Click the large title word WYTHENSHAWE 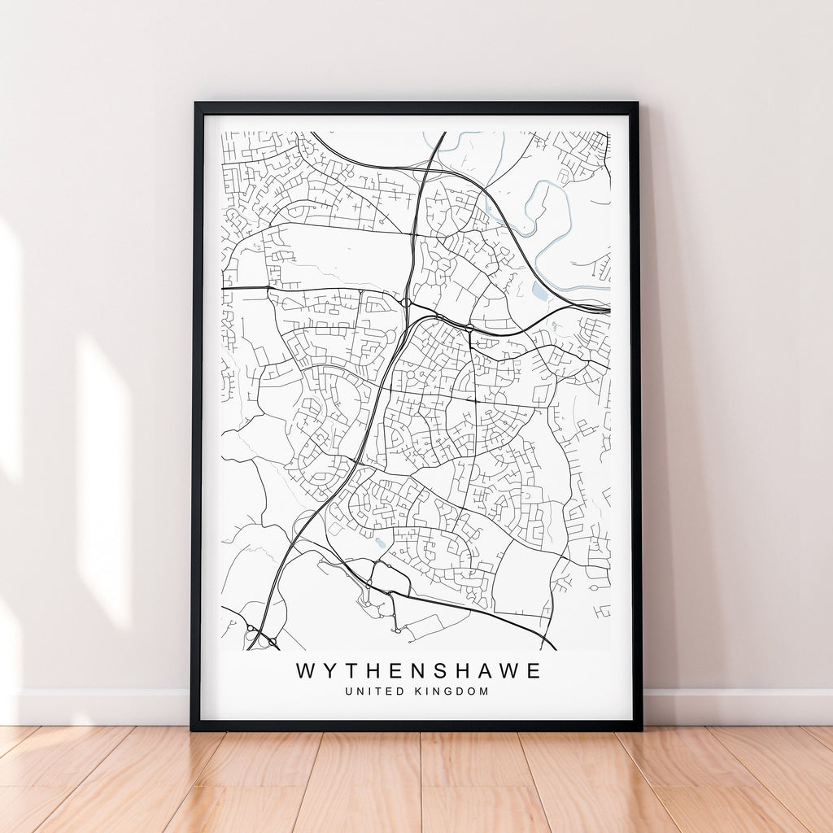pyautogui.click(x=418, y=671)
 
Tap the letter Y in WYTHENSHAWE pyautogui.click(x=329, y=671)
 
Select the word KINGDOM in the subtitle pyautogui.click(x=453, y=691)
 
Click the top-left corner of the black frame pyautogui.click(x=196, y=104)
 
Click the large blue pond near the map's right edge pyautogui.click(x=539, y=291)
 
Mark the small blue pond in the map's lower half pyautogui.click(x=381, y=543)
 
